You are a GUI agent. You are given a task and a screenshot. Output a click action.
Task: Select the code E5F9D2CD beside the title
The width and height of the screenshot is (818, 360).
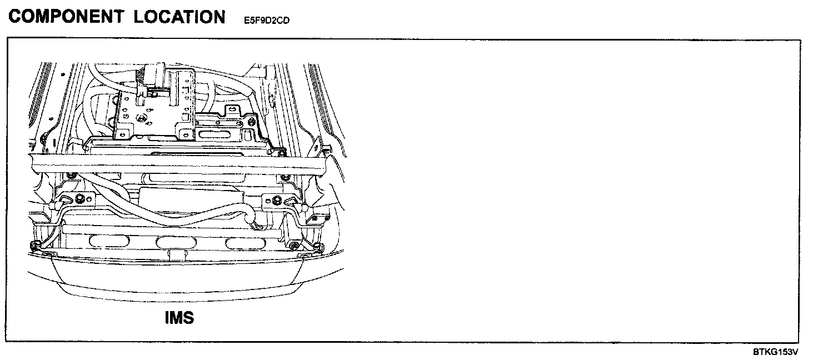click(266, 21)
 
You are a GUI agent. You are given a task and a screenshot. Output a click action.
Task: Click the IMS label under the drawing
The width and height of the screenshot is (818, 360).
click(179, 318)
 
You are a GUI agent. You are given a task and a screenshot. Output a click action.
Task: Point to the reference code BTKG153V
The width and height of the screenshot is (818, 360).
click(776, 352)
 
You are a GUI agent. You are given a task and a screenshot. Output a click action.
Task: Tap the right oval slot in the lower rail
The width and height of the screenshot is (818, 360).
click(245, 242)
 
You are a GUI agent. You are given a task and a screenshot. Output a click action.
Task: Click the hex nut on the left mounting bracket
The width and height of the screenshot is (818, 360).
click(81, 199)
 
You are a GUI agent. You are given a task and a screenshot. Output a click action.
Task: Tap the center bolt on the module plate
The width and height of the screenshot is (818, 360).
click(144, 117)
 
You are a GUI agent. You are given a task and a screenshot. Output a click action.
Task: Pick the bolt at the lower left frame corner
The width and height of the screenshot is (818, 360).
click(34, 245)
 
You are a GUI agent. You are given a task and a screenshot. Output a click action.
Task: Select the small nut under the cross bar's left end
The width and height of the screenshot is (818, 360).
click(71, 177)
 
